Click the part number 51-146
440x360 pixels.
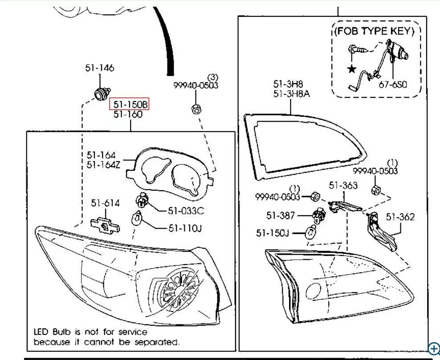click(100, 68)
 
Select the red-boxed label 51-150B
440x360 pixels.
click(130, 104)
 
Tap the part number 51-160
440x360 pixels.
click(128, 115)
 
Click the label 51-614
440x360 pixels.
click(106, 203)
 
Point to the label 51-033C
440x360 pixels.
click(186, 211)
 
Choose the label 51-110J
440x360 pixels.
click(185, 229)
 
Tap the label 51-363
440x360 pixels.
click(343, 185)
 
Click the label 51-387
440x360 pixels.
click(281, 216)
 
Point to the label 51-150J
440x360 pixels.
click(273, 233)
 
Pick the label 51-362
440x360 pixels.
click(400, 217)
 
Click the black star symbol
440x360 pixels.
click(352, 69)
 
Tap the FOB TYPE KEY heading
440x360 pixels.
click(374, 31)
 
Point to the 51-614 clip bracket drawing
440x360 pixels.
click(106, 225)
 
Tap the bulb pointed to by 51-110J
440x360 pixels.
click(138, 219)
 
